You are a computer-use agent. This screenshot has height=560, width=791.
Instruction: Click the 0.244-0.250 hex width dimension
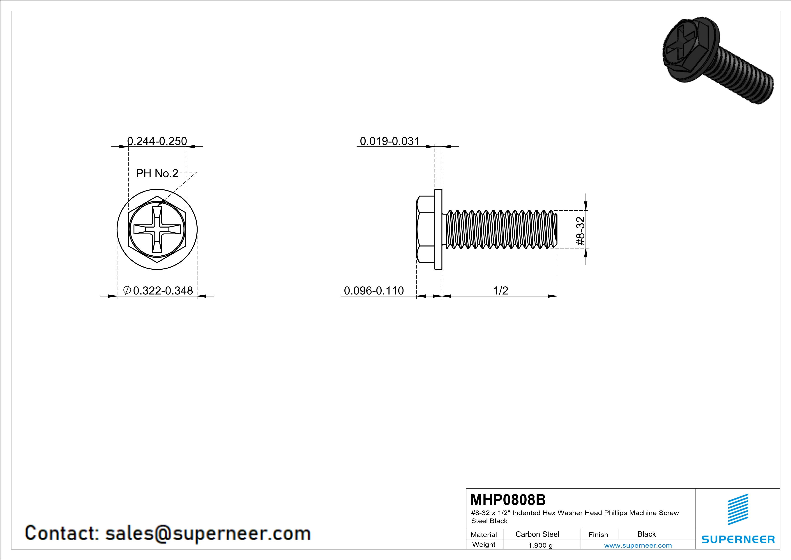pos(157,141)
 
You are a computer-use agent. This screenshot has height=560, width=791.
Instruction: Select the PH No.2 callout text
pos(157,173)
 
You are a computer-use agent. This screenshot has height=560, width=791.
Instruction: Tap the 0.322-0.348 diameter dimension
pos(163,290)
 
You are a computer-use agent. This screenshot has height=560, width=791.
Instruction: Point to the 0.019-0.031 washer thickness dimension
pos(390,141)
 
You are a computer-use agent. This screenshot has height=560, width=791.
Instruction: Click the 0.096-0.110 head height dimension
pos(374,290)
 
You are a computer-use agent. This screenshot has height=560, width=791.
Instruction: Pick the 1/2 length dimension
pos(500,290)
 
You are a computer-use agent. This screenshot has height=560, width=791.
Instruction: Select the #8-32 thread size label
pos(581,231)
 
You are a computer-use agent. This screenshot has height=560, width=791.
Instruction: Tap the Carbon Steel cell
pos(537,534)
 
